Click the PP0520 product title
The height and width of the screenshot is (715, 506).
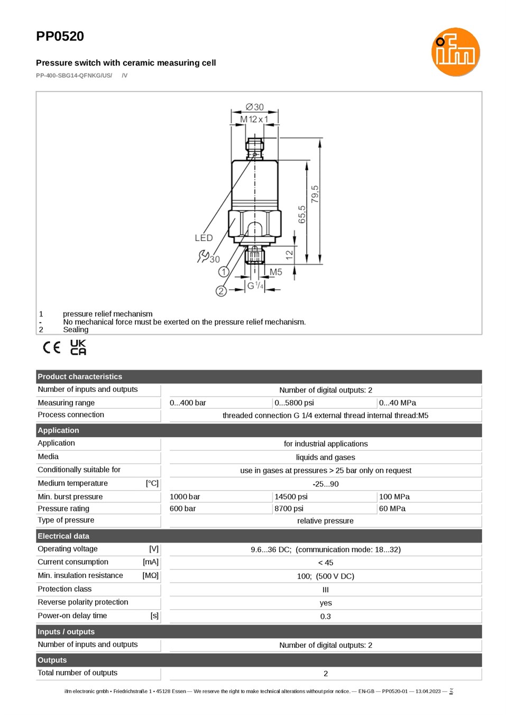tap(60, 36)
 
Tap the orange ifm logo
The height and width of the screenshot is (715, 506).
tap(455, 52)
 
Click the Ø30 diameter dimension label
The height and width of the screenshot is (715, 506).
tap(255, 107)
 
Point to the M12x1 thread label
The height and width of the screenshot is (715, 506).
tap(254, 120)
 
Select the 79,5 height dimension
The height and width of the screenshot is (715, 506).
tap(315, 194)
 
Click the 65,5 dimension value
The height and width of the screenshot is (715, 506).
tap(302, 215)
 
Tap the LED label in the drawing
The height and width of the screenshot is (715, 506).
tap(204, 238)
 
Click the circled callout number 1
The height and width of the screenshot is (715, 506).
tap(224, 272)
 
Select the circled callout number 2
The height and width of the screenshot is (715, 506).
tap(221, 291)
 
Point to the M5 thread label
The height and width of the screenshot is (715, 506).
tap(275, 272)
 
